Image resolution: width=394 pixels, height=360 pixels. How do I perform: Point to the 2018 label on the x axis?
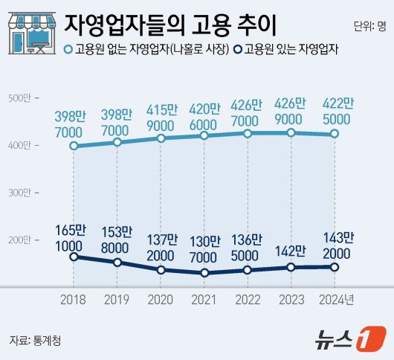tap(73, 300)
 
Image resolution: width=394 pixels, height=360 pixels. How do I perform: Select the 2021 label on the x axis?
tap(204, 300)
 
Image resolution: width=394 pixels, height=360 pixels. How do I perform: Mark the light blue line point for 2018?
tap(73, 146)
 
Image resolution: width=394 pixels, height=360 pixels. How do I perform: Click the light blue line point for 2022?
tap(248, 134)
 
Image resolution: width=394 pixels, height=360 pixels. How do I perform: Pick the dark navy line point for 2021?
tap(204, 273)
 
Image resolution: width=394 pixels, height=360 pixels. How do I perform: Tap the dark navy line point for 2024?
tap(335, 267)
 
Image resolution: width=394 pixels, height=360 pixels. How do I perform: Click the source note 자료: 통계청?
tap(35, 340)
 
